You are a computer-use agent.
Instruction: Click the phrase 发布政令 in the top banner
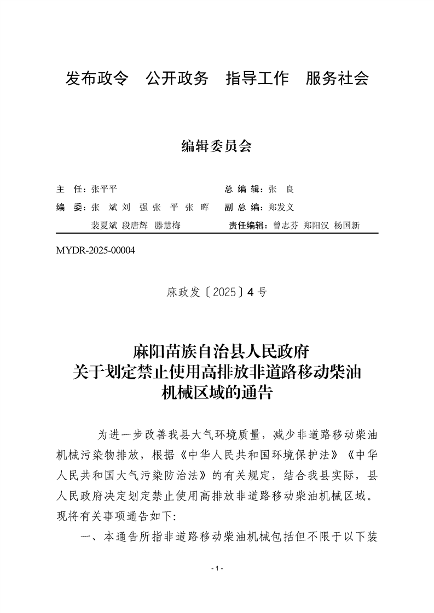97,79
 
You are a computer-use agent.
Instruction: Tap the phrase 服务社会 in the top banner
337,79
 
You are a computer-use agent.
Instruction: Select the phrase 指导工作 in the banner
257,79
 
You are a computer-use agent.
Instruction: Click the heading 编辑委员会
216,146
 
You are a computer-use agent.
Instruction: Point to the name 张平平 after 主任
104,190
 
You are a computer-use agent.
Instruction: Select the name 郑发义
282,208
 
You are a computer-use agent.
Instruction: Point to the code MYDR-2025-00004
95,251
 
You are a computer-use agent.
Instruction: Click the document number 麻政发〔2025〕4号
217,292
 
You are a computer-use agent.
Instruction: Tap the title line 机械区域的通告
217,392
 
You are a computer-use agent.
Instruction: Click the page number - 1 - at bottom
217,569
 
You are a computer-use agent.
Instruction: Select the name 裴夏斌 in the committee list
103,226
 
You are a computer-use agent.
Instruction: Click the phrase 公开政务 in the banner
177,79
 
